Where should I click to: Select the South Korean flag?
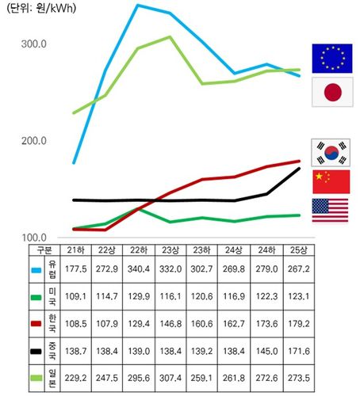pyautogui.click(x=330, y=150)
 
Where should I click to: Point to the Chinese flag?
pyautogui.click(x=330, y=181)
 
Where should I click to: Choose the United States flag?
pyautogui.click(x=330, y=211)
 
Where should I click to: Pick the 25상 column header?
pyautogui.click(x=300, y=250)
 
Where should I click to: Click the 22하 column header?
pyautogui.click(x=138, y=250)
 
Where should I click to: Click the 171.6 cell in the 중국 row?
pyautogui.click(x=300, y=351)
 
